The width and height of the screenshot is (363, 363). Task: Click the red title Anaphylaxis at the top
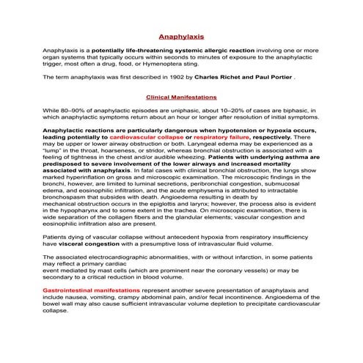[181, 35]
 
